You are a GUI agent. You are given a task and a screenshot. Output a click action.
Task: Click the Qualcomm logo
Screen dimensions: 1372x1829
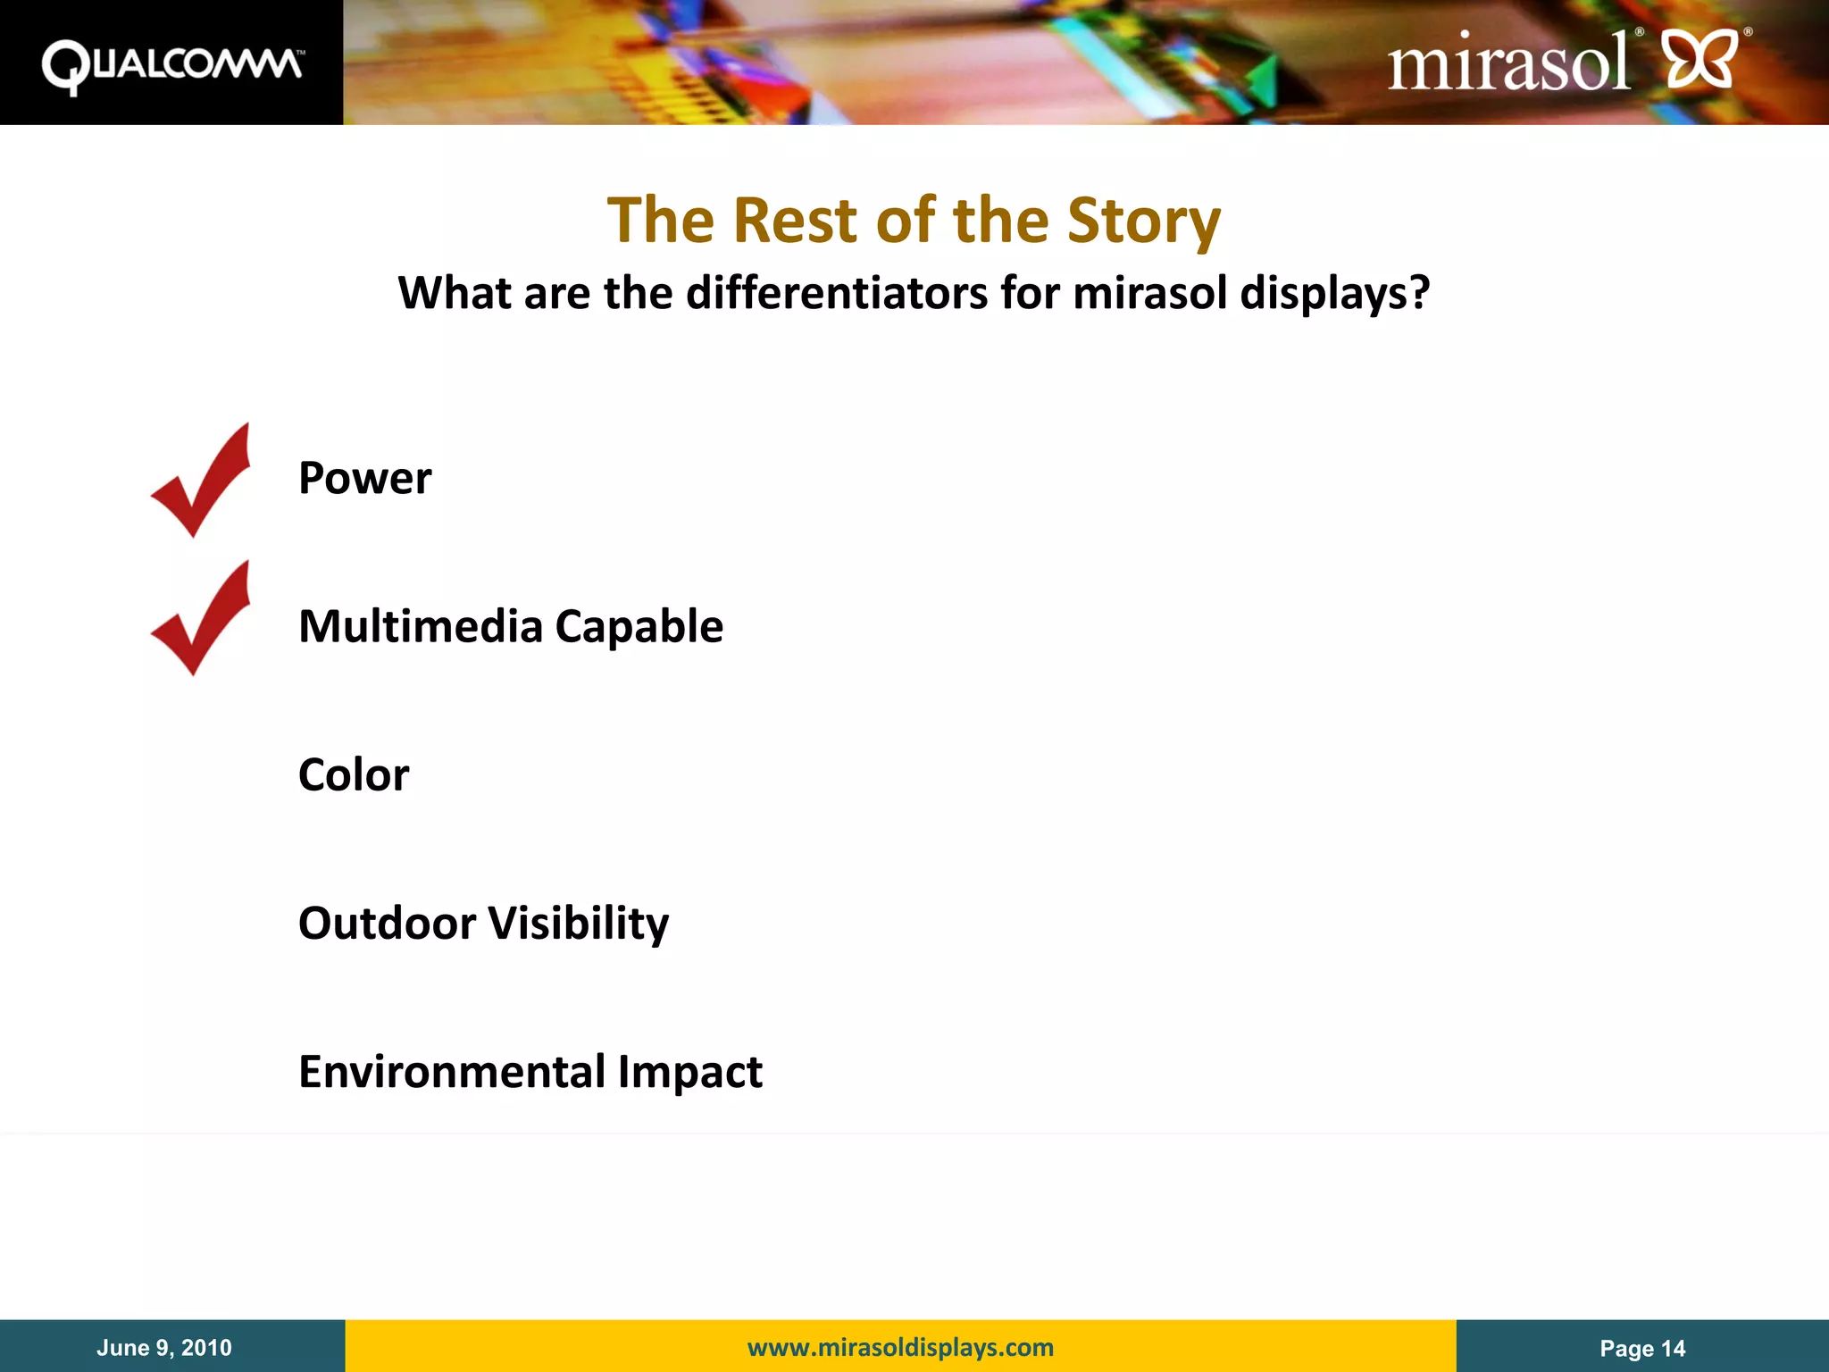point(171,66)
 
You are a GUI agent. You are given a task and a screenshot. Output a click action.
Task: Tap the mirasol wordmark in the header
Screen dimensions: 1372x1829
point(1507,63)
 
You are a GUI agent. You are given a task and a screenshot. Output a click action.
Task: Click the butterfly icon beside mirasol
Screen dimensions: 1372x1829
point(1701,59)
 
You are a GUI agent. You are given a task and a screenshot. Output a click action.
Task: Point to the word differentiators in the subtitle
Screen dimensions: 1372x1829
point(836,293)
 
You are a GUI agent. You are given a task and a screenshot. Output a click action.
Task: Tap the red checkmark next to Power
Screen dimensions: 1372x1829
point(202,481)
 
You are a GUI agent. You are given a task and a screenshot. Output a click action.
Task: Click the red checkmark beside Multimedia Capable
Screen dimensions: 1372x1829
point(202,619)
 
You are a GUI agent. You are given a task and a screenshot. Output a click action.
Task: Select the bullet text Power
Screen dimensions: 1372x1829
point(364,478)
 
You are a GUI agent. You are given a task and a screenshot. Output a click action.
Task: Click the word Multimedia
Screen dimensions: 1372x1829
point(420,626)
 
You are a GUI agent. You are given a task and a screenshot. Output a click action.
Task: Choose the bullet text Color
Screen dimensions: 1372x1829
point(354,774)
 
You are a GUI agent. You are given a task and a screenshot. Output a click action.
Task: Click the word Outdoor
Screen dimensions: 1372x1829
point(387,923)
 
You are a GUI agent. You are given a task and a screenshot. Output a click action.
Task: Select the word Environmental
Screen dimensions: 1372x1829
point(452,1071)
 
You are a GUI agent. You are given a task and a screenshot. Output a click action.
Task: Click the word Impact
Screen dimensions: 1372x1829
point(689,1071)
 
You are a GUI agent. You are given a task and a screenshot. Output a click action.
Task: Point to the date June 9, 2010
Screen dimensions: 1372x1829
point(164,1347)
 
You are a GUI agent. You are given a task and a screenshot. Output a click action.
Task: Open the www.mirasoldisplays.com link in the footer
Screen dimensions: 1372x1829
point(900,1347)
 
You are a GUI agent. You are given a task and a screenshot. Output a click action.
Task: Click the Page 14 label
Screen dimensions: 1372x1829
point(1641,1348)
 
